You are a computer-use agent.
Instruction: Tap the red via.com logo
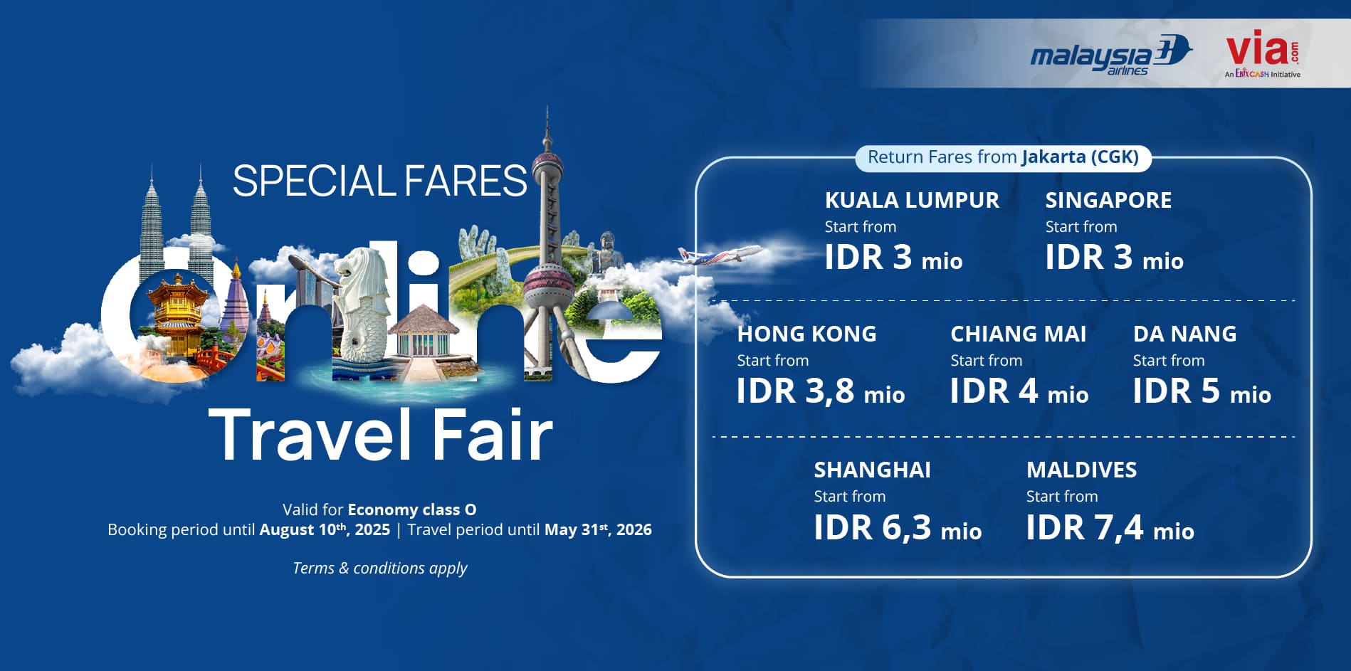1263,53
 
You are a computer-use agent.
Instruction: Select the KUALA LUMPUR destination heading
912,201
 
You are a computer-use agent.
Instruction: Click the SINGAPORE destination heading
1108,201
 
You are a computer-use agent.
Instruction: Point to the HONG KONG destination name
806,334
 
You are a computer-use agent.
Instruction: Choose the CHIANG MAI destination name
1018,334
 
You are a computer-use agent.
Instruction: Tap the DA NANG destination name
1184,334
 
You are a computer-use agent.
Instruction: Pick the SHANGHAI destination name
872,470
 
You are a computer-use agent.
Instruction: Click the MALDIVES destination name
1081,470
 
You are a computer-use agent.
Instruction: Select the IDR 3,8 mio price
820,391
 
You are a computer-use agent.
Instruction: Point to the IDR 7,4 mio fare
1110,528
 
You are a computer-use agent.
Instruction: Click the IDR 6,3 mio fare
898,528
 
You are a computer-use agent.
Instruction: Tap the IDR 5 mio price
1202,391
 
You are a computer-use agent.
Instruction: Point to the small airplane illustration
719,254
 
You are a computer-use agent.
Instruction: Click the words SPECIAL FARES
379,181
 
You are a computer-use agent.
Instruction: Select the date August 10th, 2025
325,529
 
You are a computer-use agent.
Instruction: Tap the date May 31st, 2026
598,529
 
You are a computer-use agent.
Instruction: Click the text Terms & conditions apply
380,568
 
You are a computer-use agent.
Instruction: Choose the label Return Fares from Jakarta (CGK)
1003,157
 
